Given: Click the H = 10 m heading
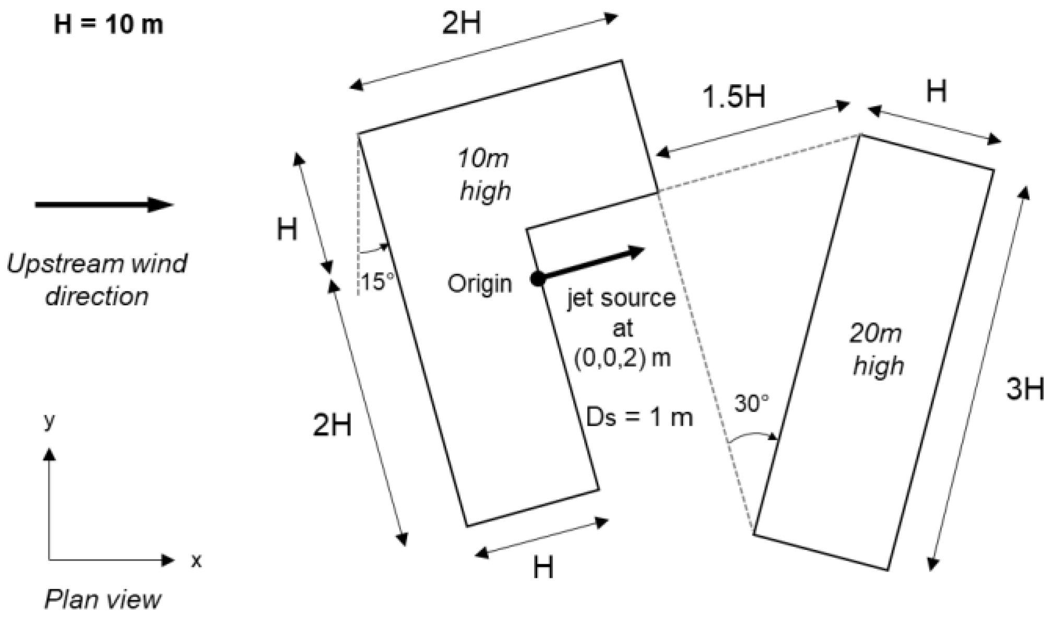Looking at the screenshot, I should tap(109, 25).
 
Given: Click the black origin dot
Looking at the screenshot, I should tap(537, 279).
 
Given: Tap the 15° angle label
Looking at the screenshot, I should tap(376, 282).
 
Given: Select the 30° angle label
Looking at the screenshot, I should tap(752, 403).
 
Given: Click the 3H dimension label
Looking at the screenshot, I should tap(1025, 389).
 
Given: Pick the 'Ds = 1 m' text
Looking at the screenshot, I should tap(640, 417).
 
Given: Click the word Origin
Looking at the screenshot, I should tap(479, 284).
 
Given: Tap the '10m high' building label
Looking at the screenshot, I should tap(484, 174).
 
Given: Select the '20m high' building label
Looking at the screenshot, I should tap(877, 349).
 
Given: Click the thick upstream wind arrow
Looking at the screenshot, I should tap(104, 204).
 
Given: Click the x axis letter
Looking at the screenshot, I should tap(196, 561).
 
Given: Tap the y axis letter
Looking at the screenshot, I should tap(49, 419).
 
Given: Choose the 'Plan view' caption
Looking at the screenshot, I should tap(102, 599).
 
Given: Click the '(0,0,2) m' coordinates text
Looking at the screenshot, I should tap(622, 358).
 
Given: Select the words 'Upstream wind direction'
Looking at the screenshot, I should tap(97, 279).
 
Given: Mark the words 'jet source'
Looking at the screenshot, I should tap(621, 298).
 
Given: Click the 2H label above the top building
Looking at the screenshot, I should tap(461, 24).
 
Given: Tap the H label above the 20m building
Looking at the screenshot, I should tap(936, 91).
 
